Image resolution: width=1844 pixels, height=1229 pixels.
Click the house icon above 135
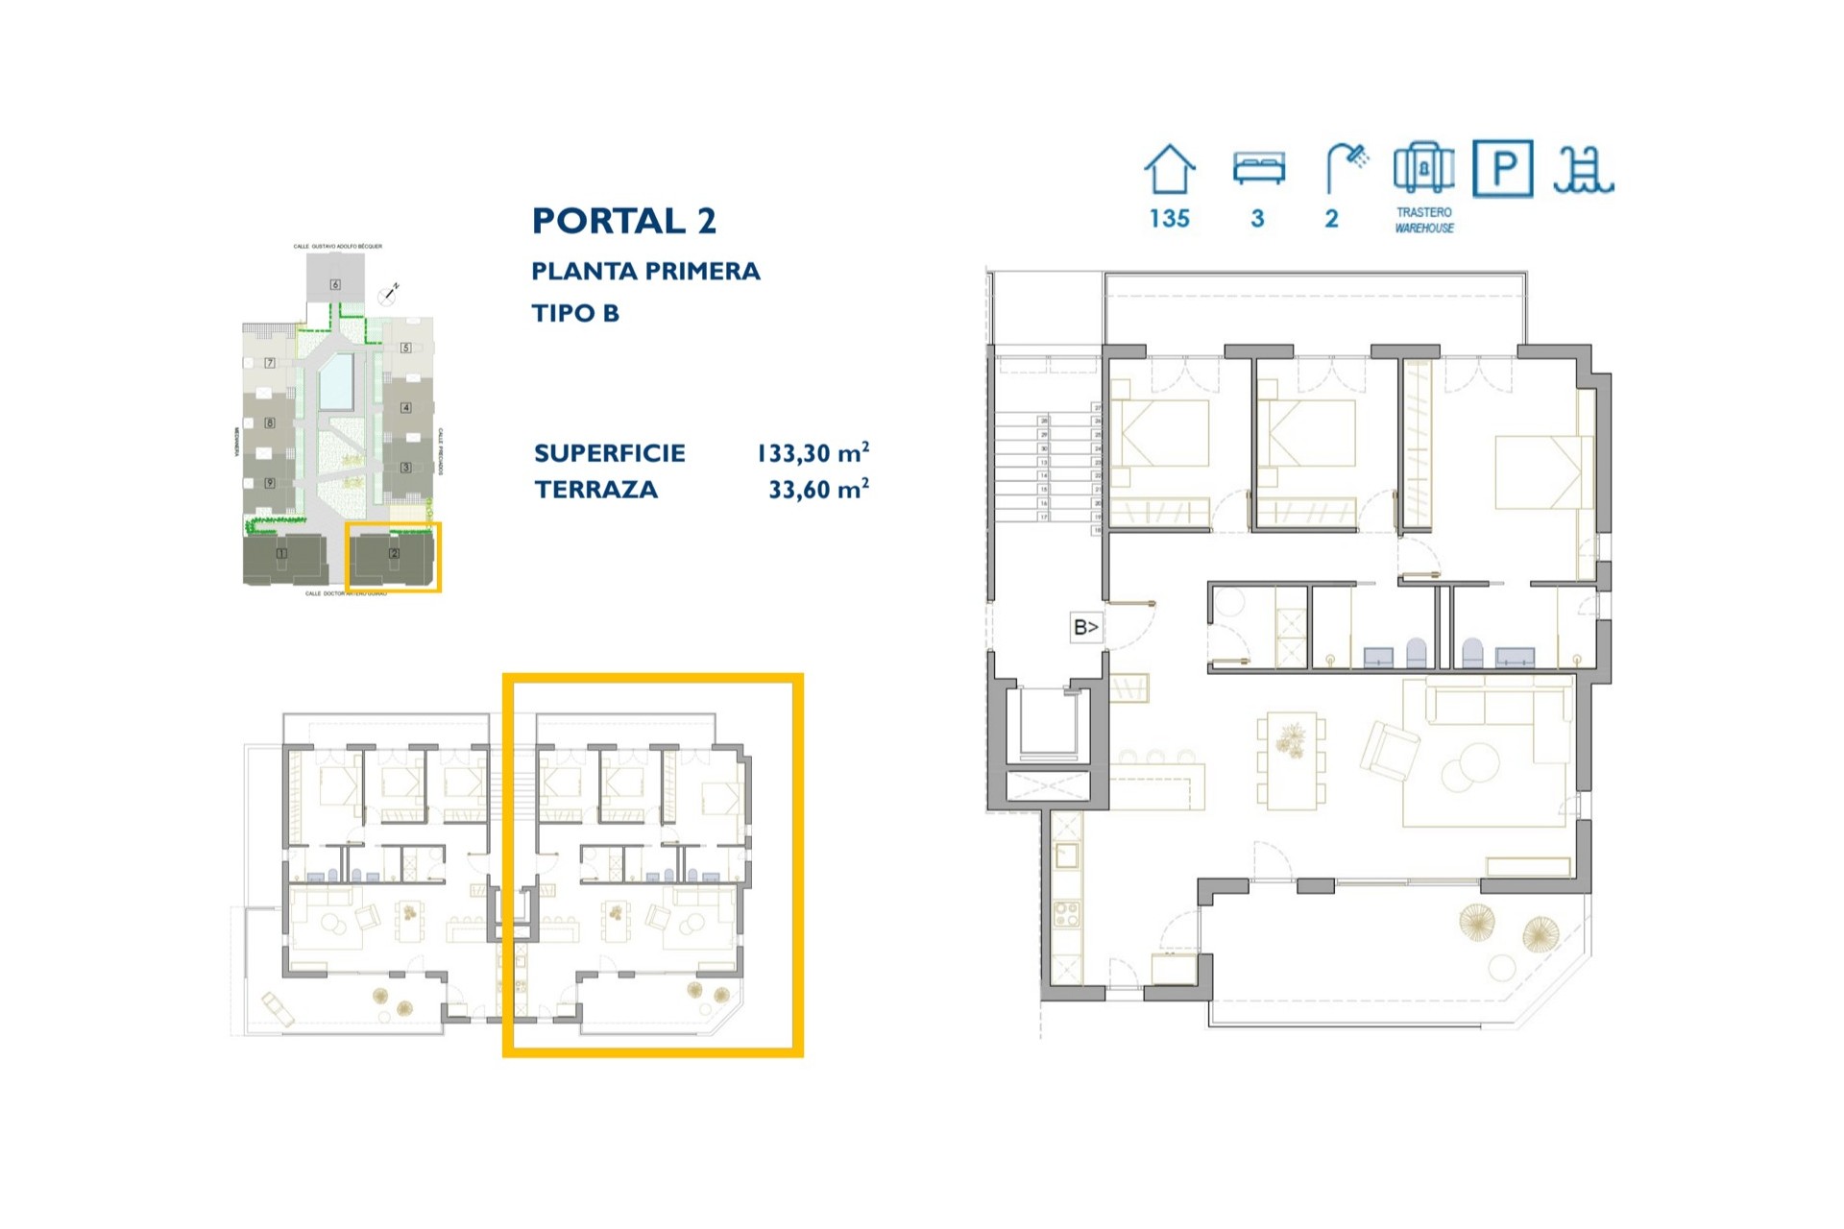[x=1169, y=170]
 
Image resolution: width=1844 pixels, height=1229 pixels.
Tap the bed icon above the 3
[x=1258, y=168]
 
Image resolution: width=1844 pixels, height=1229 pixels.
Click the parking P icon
[x=1502, y=169]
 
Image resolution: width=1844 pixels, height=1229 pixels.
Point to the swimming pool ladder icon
[x=1584, y=170]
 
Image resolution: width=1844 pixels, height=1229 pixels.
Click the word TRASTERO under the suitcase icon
[x=1423, y=212]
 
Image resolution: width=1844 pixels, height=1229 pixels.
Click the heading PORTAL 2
[x=624, y=221]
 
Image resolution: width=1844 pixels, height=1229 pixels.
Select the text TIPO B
[x=575, y=313]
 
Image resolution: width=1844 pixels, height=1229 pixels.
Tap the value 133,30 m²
[x=813, y=453]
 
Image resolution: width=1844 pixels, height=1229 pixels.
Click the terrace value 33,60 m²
[x=818, y=490]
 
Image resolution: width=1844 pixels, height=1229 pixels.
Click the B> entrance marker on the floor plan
[x=1085, y=627]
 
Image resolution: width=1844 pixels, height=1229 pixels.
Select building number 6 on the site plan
[x=335, y=284]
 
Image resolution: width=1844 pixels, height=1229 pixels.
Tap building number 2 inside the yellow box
[x=394, y=554]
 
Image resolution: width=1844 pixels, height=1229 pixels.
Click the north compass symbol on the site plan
[x=388, y=295]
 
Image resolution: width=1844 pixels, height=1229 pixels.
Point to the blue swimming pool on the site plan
[x=336, y=381]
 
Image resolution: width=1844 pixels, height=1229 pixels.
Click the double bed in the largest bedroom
[x=1540, y=472]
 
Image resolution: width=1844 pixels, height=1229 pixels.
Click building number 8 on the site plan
[x=270, y=422]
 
